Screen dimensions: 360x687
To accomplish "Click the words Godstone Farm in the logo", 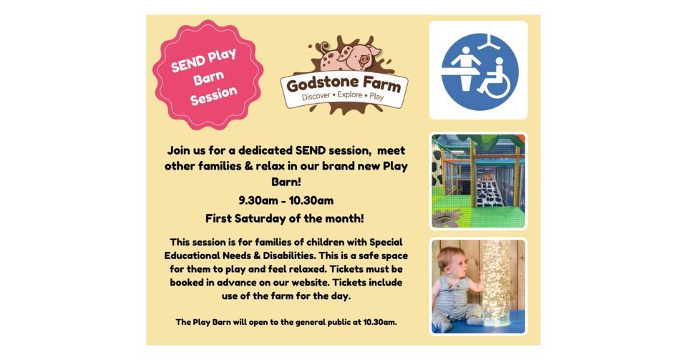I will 343,84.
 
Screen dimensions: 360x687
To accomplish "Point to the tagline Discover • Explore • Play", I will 343,97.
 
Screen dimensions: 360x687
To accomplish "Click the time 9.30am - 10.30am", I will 286,200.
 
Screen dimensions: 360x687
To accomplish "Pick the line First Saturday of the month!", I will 285,218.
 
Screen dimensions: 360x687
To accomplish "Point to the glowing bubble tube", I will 496,283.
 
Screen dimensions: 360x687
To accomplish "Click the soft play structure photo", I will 478,180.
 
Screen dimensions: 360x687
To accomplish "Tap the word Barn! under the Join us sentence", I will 286,183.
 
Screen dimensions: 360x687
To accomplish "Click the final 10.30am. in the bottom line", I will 376,322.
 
